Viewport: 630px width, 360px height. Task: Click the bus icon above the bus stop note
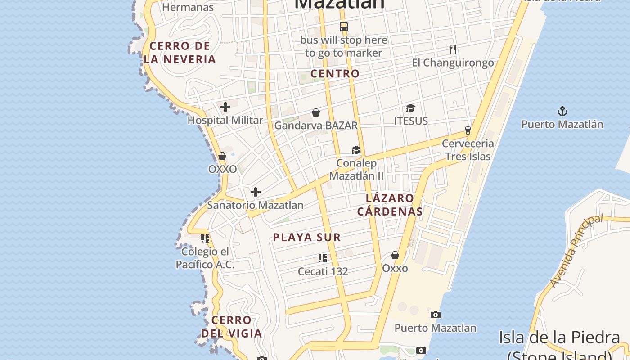click(344, 27)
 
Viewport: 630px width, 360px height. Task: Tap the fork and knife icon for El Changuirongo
click(453, 49)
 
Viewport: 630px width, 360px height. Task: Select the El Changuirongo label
click(453, 63)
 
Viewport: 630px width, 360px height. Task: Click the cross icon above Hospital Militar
click(225, 107)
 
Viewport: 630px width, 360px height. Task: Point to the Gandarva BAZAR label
click(316, 126)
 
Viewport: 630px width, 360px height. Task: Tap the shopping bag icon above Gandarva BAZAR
click(316, 112)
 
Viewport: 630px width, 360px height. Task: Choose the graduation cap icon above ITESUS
click(410, 108)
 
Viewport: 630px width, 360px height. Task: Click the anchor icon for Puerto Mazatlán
click(562, 111)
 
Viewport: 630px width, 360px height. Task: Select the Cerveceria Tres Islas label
click(468, 150)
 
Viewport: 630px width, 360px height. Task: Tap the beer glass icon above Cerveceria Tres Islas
click(468, 130)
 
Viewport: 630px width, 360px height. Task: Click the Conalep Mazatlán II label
click(356, 169)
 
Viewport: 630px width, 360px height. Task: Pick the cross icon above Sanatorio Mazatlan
click(256, 192)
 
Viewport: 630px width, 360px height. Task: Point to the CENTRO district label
click(335, 74)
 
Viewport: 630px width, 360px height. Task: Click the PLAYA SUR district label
click(307, 238)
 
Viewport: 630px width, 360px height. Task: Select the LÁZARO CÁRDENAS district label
click(390, 205)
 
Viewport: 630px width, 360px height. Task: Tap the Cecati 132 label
click(323, 271)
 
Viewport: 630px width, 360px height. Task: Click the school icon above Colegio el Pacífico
click(205, 238)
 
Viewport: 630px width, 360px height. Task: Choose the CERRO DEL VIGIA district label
click(231, 327)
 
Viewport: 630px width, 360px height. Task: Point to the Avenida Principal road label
click(576, 250)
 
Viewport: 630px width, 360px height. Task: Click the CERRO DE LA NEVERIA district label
click(180, 53)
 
